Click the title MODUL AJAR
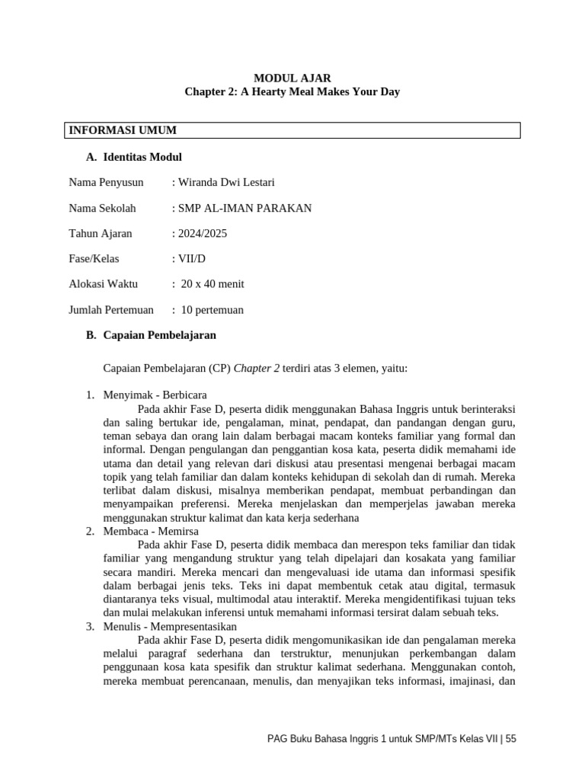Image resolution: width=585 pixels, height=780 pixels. [x=292, y=78]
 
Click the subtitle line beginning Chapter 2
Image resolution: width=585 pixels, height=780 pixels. [x=292, y=92]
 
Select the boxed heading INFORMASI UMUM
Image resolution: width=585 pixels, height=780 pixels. [x=123, y=130]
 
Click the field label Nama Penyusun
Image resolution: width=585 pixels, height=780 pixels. [x=106, y=182]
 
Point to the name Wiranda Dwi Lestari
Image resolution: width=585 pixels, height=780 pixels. [x=225, y=182]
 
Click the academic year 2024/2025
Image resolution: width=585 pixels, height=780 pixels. [x=202, y=233]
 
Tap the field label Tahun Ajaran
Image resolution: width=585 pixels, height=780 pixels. [x=101, y=233]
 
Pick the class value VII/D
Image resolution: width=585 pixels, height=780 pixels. [x=191, y=258]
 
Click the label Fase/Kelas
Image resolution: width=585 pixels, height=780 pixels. [x=94, y=258]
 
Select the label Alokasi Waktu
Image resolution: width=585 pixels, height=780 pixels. [x=103, y=284]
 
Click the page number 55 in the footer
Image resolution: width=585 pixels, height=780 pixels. [x=510, y=739]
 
